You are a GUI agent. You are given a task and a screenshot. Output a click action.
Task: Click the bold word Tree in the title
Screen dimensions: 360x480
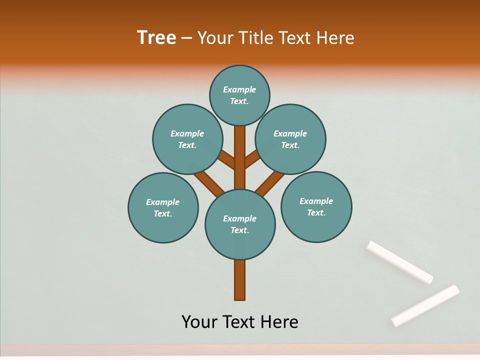[x=156, y=37]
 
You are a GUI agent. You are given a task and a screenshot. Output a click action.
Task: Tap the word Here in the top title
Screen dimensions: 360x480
[x=336, y=38]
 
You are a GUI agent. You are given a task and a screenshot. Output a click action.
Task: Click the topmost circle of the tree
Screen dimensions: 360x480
[x=239, y=95]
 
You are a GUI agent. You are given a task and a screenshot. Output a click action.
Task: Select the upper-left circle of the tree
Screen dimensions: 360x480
[x=187, y=139]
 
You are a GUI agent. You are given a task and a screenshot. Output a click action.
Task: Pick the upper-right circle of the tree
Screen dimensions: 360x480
[x=290, y=139]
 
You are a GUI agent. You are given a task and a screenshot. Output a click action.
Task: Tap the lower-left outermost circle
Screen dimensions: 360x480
[x=163, y=207]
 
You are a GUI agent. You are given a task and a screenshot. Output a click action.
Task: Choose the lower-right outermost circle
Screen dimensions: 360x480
[x=316, y=206]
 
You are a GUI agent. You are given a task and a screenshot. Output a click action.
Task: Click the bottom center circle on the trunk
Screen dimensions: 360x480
[x=240, y=224]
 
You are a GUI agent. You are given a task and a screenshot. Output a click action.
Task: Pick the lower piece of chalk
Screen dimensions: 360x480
[x=425, y=305]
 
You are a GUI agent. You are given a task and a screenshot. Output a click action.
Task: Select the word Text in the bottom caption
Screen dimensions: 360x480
[x=240, y=321]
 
